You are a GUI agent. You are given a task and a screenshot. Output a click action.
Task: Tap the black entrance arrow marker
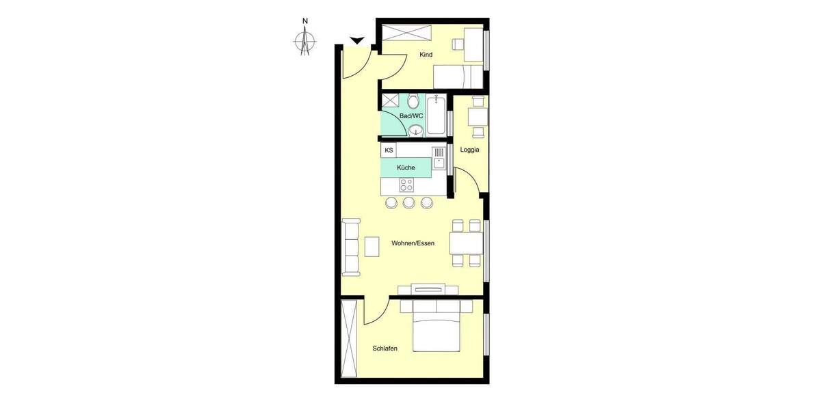[x=356, y=41]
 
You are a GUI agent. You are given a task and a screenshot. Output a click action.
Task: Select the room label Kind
[x=426, y=55]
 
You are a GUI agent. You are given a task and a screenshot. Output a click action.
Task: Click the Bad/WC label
[x=411, y=116]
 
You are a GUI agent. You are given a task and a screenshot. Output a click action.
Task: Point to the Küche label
[x=406, y=167]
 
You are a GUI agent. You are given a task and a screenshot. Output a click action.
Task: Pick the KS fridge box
[x=389, y=150]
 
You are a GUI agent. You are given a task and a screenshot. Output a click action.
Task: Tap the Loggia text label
[x=469, y=150]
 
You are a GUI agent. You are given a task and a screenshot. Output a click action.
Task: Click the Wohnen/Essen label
[x=413, y=243]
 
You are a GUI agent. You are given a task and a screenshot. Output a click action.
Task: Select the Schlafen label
[x=385, y=348]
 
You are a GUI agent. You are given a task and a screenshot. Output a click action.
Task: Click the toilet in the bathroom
[x=413, y=102]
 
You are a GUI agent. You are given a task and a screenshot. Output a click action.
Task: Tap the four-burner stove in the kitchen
[x=406, y=184]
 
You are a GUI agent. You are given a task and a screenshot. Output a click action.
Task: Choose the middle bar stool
[x=409, y=202]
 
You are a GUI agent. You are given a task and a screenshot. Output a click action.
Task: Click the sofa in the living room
[x=351, y=247]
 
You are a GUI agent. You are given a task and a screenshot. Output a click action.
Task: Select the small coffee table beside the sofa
[x=372, y=246]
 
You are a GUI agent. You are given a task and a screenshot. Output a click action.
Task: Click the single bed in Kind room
[x=459, y=76]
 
